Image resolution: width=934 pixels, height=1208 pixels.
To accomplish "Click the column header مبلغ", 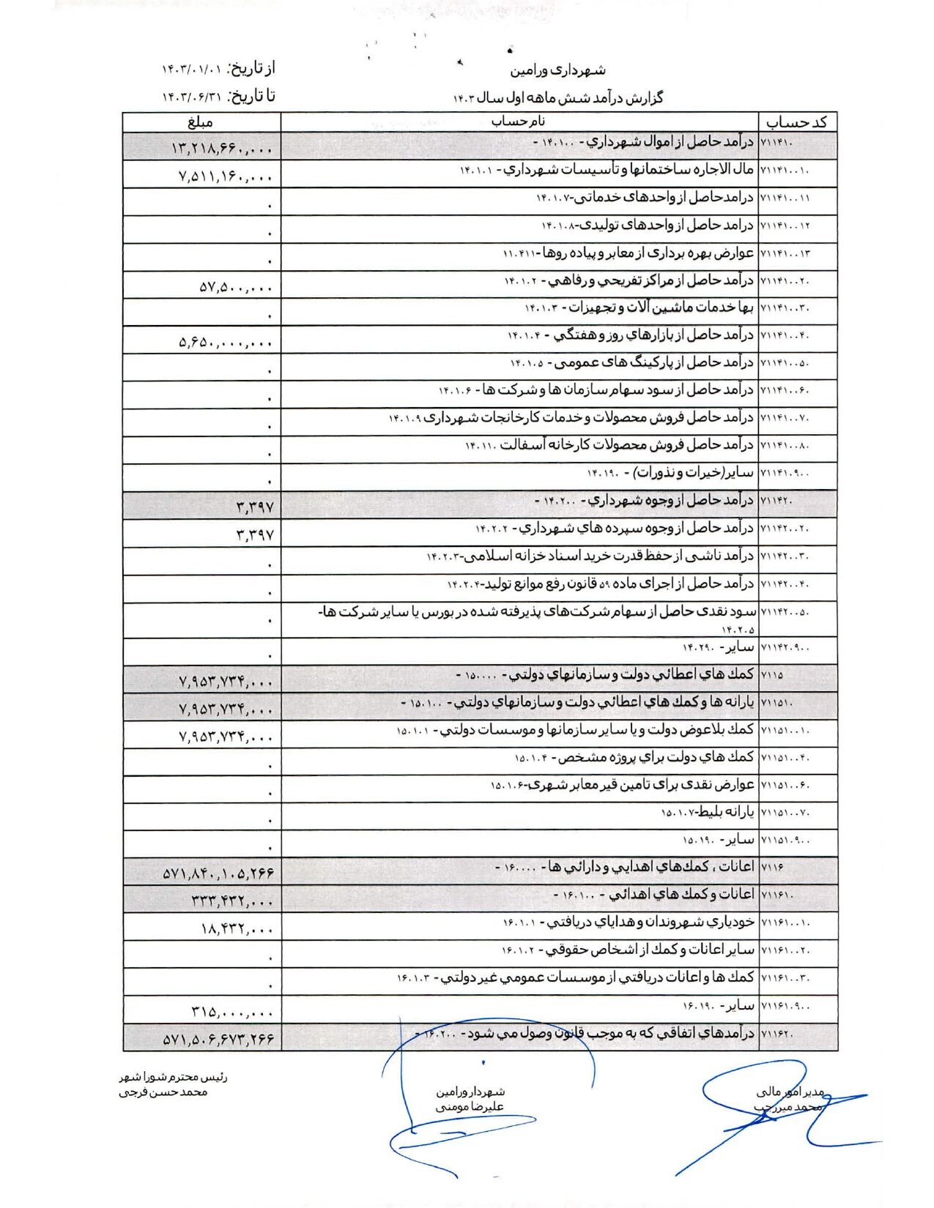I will tap(199, 122).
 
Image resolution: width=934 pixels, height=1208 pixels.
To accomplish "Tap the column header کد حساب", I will tap(799, 122).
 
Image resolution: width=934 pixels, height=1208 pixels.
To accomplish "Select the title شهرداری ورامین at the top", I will tap(557, 70).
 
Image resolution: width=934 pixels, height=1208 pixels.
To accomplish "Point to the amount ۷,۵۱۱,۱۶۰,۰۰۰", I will tap(226, 176).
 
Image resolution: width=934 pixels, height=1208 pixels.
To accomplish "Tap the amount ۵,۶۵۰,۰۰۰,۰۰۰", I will tap(226, 342).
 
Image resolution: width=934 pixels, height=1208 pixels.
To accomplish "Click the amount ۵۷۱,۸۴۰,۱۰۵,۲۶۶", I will tap(218, 873).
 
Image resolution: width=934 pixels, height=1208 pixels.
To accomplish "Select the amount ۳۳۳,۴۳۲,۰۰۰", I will tap(232, 901).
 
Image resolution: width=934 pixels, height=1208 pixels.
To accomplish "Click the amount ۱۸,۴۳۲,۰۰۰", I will tap(237, 928).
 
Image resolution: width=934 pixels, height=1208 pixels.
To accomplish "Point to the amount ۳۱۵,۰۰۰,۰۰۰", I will tap(232, 1012).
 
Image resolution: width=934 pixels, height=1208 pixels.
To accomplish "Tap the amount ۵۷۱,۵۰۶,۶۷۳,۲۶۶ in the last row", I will tap(218, 1039).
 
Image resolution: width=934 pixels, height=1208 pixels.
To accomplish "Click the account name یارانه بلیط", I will tap(708, 812).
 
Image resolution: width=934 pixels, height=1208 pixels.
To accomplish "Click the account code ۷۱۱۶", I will tap(772, 868).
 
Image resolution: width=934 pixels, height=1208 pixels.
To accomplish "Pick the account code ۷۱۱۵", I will tap(772, 674).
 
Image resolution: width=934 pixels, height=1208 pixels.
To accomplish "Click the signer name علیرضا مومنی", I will tap(470, 1107).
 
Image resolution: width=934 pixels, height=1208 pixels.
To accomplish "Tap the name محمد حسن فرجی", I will tap(163, 1092).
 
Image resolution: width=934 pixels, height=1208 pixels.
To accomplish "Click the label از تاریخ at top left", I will tap(252, 69).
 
